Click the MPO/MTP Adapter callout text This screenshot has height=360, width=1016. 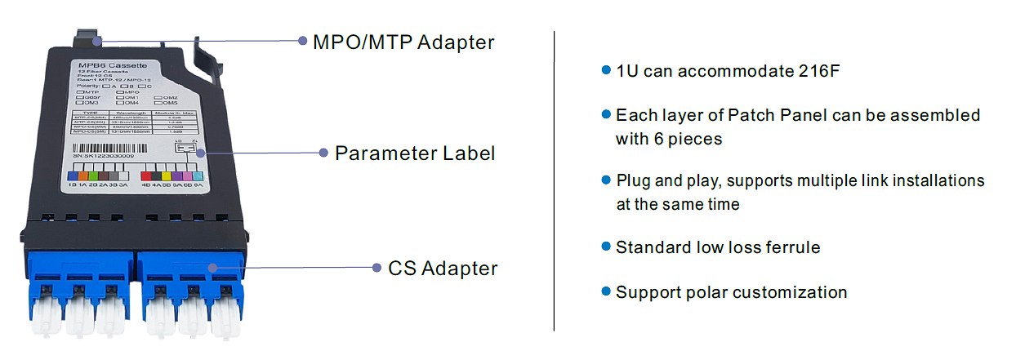pyautogui.click(x=403, y=42)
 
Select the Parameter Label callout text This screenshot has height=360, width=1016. pyautogui.click(x=415, y=153)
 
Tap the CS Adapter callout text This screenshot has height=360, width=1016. pyautogui.click(x=443, y=268)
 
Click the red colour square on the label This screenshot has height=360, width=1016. pyautogui.click(x=147, y=176)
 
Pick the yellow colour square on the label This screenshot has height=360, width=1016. pyautogui.click(x=167, y=176)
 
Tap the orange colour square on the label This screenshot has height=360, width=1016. pyautogui.click(x=82, y=175)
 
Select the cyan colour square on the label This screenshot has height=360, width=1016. pyautogui.click(x=195, y=176)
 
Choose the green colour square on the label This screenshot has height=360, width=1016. pyautogui.click(x=93, y=175)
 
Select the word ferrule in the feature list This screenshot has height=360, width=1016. pyautogui.click(x=791, y=247)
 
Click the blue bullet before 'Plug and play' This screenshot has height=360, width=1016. pyautogui.click(x=606, y=180)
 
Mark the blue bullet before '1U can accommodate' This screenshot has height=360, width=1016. pyautogui.click(x=606, y=70)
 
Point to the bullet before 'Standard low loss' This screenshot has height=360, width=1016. pyautogui.click(x=606, y=246)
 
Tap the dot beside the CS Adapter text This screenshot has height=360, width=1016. pyautogui.click(x=377, y=268)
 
